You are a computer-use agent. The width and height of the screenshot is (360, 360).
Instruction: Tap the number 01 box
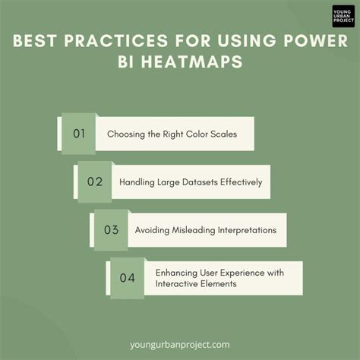click(77, 134)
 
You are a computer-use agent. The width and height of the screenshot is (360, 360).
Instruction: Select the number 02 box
click(95, 182)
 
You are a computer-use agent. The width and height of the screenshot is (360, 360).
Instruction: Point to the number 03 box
click(111, 229)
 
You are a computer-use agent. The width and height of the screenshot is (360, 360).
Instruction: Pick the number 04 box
click(127, 277)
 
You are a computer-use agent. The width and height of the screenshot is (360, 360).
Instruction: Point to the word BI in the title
click(126, 62)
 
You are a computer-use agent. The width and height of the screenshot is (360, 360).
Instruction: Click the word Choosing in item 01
click(126, 134)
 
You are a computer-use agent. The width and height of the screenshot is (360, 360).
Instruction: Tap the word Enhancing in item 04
click(177, 271)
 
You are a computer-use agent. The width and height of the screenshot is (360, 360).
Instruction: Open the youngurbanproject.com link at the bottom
click(179, 344)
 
